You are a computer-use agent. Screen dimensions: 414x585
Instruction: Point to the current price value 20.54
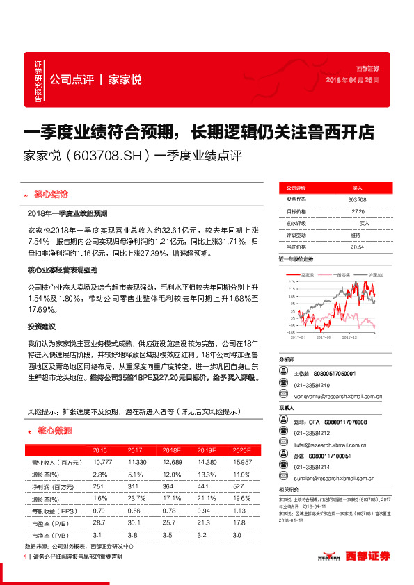tap(357, 246)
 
